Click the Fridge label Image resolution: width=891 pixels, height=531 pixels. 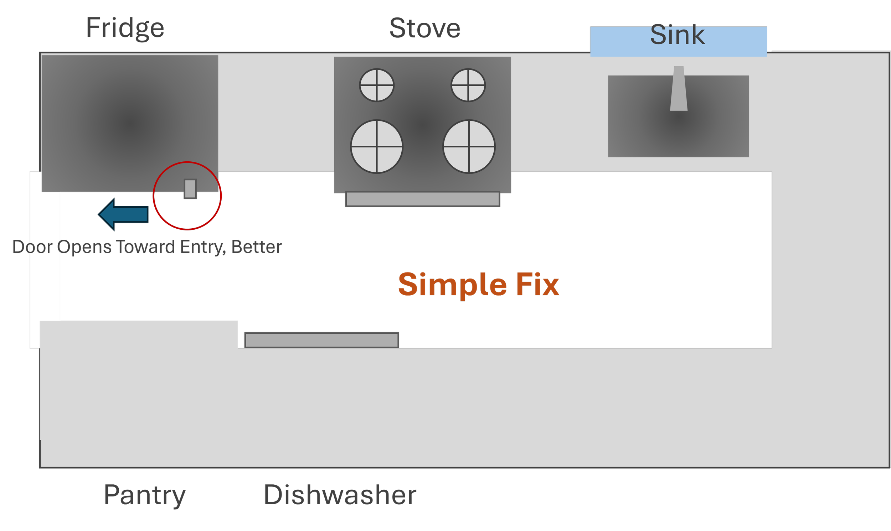pyautogui.click(x=125, y=28)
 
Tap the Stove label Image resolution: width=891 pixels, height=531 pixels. pyautogui.click(x=424, y=29)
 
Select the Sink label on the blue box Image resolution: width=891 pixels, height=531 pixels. pyautogui.click(x=677, y=35)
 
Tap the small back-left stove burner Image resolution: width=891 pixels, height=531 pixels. pyautogui.click(x=377, y=85)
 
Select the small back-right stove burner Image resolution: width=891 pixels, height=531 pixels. pyautogui.click(x=468, y=85)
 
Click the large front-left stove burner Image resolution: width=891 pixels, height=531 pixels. pyautogui.click(x=377, y=146)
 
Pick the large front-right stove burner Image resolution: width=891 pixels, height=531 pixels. pyautogui.click(x=469, y=146)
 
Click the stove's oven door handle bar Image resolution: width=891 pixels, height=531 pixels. pyautogui.click(x=422, y=199)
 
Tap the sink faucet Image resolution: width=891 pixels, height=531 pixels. pyautogui.click(x=679, y=89)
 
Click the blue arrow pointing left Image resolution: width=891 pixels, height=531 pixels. pyautogui.click(x=124, y=214)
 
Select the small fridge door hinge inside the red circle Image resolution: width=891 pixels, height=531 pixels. pyautogui.click(x=190, y=188)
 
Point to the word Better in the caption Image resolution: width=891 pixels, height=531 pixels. pyautogui.click(x=257, y=247)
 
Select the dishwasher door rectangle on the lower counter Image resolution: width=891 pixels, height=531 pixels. pyautogui.click(x=321, y=339)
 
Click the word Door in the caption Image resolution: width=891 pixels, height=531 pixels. pyautogui.click(x=32, y=247)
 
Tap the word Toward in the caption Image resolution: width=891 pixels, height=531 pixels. pyautogui.click(x=146, y=247)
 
